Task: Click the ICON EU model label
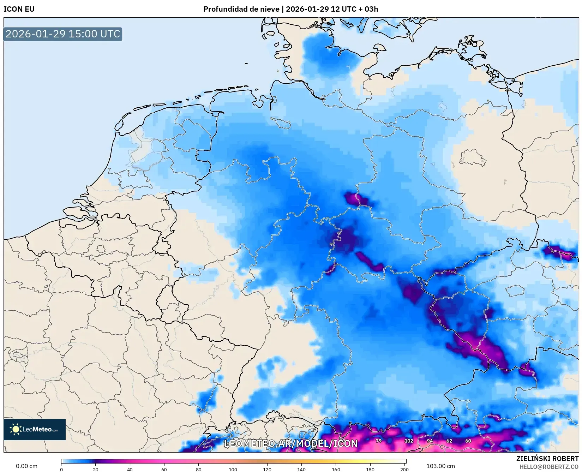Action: tap(19, 9)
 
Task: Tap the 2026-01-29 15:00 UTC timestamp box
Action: tap(63, 34)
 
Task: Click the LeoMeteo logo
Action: tap(35, 429)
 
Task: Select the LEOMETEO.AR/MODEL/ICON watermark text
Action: tap(291, 443)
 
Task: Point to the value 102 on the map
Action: tap(409, 441)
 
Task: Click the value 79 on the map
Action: tap(379, 441)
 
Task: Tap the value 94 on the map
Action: tap(430, 441)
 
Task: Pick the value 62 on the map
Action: tap(449, 441)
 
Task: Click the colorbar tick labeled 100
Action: tap(233, 470)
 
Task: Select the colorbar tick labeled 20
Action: tap(96, 470)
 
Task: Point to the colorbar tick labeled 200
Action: tap(404, 470)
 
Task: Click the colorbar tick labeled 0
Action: tap(61, 470)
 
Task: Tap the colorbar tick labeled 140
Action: tap(301, 470)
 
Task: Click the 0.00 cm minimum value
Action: tap(26, 466)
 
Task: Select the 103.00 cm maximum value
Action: tap(440, 466)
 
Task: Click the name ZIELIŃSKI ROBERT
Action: tap(547, 459)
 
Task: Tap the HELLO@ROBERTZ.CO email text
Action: tap(549, 467)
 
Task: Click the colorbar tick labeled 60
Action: tap(164, 470)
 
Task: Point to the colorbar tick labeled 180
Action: tap(370, 470)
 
